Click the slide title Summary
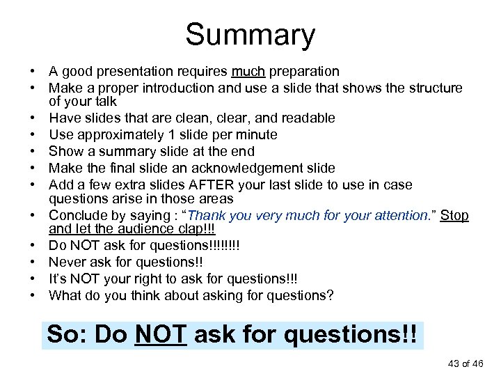point(250,34)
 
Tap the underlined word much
point(248,71)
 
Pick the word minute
point(255,134)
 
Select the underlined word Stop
point(454,215)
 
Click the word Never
point(67,262)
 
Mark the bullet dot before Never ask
point(33,263)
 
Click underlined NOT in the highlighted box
point(161,335)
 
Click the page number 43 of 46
point(462,363)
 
